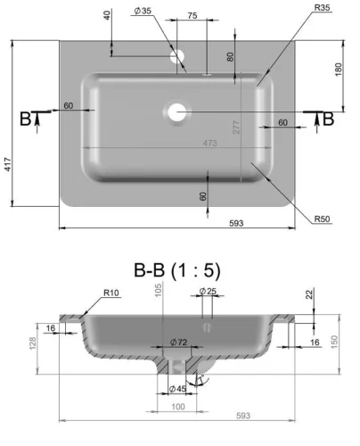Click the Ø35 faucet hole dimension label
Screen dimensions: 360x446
coord(143,11)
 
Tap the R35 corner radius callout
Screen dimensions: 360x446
coord(323,8)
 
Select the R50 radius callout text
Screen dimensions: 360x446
coord(323,219)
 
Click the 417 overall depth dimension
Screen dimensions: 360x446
coord(7,164)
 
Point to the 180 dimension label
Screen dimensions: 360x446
coord(339,70)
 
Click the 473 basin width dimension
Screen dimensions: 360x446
coord(210,143)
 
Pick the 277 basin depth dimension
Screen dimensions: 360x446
coord(236,128)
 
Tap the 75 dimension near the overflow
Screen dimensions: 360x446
coord(192,15)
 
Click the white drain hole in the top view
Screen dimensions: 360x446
coord(177,112)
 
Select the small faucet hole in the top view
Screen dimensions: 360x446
coord(177,57)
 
